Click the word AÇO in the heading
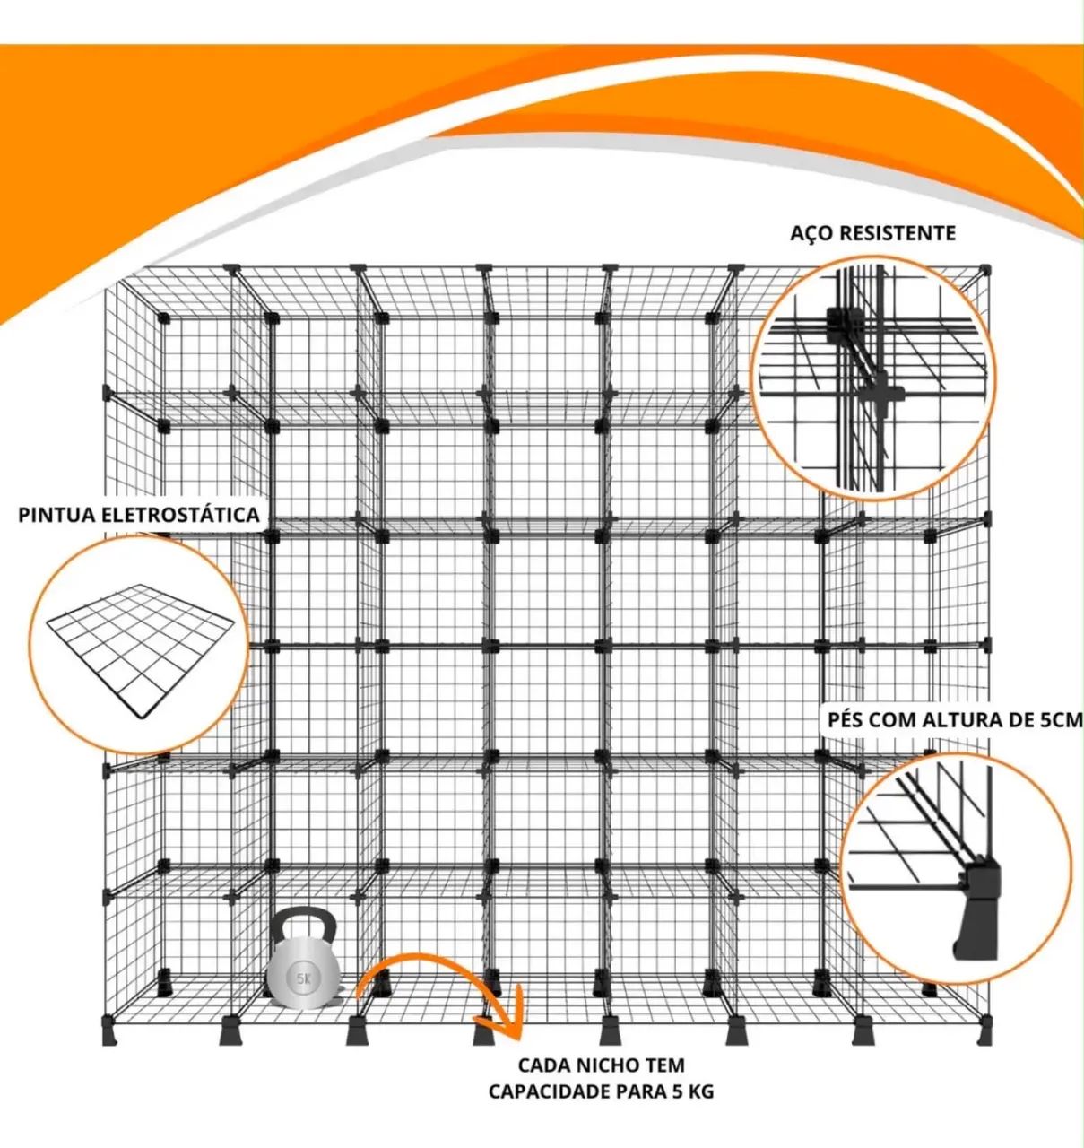point(811,233)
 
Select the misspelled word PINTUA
point(53,515)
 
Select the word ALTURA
point(958,720)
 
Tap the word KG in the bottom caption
point(700,1091)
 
